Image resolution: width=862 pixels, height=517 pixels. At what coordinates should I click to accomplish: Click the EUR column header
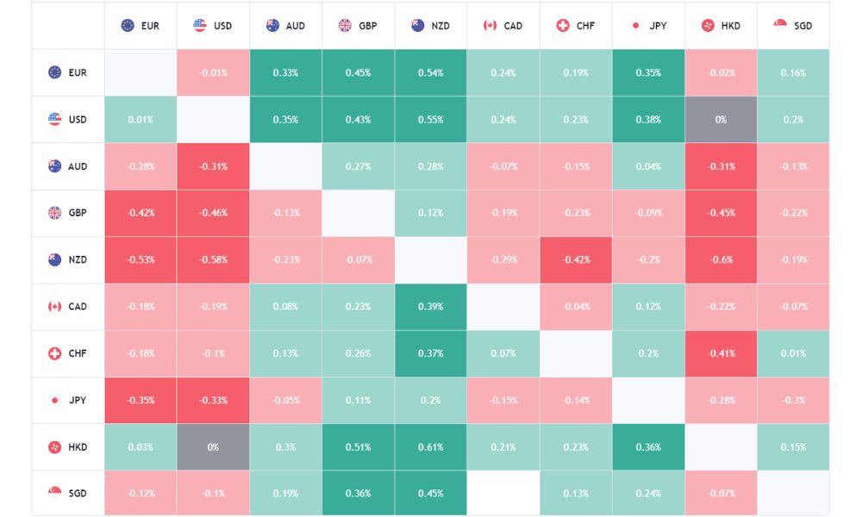click(141, 26)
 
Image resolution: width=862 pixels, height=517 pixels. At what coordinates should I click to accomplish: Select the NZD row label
click(68, 259)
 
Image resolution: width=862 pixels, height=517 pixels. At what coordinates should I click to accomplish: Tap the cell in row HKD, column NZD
click(430, 447)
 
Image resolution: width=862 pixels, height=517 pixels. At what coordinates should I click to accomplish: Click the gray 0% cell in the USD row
click(721, 120)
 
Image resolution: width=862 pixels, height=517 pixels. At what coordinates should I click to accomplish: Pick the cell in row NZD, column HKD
click(721, 259)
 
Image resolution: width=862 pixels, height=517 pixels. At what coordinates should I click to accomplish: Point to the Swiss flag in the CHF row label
click(55, 353)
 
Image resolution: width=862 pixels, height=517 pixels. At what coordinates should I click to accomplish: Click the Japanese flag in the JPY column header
click(636, 26)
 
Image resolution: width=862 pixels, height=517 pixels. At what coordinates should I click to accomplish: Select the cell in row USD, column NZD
click(430, 120)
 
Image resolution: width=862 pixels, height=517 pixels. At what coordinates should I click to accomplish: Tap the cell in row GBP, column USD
click(213, 213)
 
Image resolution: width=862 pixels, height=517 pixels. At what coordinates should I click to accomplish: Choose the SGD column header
click(793, 26)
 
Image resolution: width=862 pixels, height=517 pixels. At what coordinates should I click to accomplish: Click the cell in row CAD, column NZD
click(430, 307)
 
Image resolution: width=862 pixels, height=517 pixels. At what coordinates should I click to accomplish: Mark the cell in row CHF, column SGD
click(793, 353)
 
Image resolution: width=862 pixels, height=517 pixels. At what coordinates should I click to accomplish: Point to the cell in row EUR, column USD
click(213, 73)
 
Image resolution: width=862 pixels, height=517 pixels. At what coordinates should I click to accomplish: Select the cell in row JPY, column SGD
click(793, 400)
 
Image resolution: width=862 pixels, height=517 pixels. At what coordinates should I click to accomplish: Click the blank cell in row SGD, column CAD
click(503, 494)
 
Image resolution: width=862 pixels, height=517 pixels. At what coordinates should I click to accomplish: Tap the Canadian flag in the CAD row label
click(55, 307)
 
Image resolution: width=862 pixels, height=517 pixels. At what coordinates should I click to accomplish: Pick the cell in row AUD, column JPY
click(648, 166)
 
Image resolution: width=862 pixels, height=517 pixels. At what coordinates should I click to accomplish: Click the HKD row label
click(68, 447)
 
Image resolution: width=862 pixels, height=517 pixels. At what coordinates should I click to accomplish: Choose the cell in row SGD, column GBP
click(358, 494)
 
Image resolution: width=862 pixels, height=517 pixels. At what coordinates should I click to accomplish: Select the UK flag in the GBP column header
click(345, 26)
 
